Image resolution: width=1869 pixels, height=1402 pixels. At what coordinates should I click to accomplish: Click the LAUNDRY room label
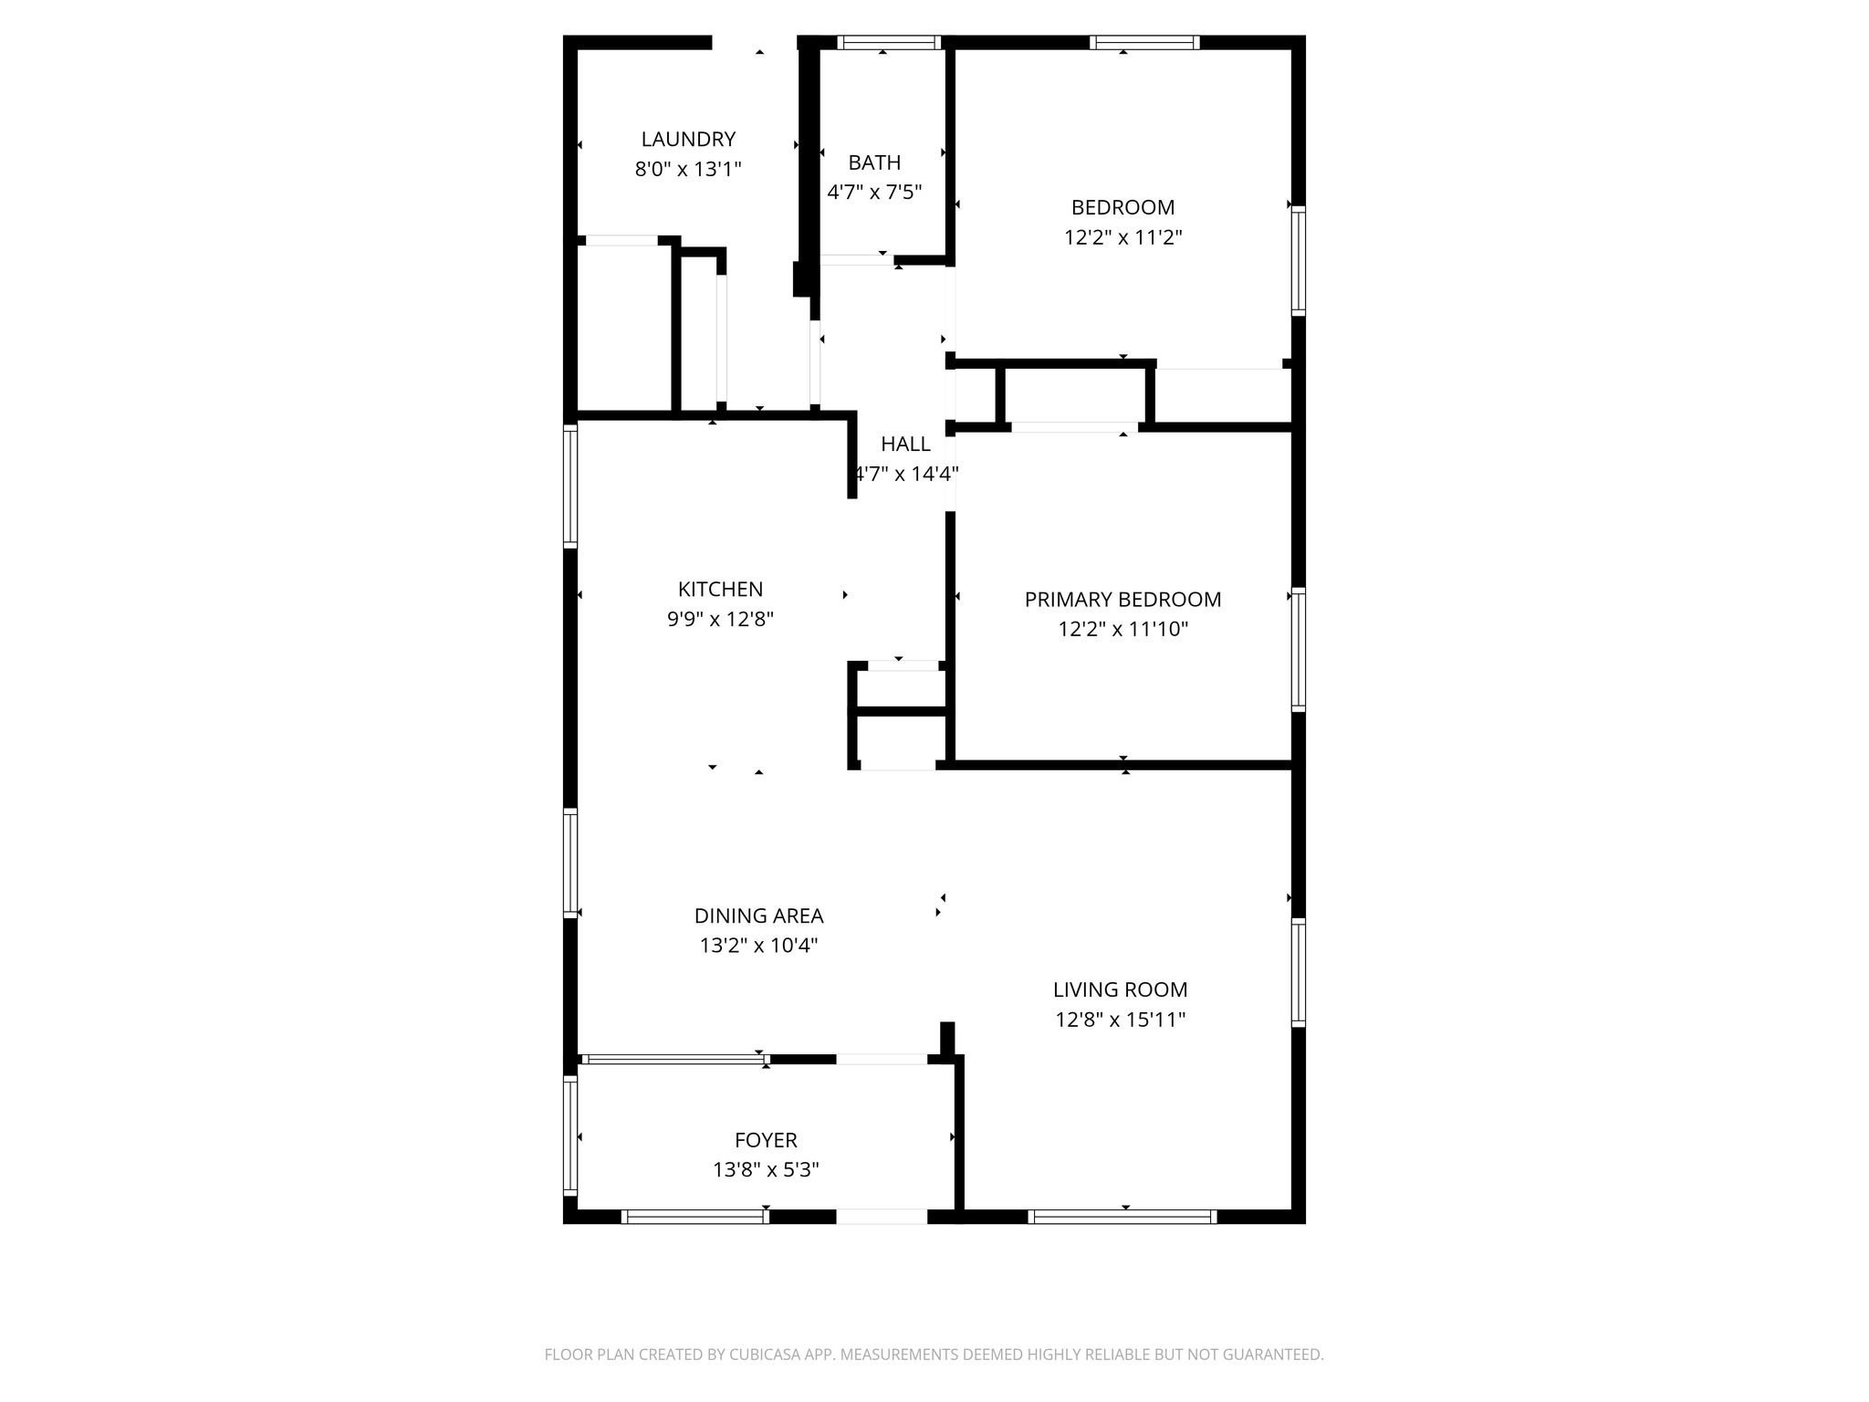[688, 140]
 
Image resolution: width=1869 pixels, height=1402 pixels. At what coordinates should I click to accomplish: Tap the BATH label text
[874, 162]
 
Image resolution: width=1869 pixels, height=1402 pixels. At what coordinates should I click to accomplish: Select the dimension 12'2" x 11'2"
[1122, 237]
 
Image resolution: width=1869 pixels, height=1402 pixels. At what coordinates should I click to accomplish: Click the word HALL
[905, 445]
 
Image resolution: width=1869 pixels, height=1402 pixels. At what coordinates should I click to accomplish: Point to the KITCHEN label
[720, 590]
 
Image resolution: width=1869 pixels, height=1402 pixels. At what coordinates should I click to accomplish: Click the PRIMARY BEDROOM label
[1122, 600]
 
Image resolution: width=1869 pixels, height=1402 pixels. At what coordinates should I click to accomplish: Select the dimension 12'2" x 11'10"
[1122, 629]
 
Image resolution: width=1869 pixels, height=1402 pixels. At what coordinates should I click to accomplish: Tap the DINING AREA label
[758, 915]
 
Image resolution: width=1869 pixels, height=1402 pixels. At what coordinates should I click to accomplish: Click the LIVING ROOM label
[1120, 989]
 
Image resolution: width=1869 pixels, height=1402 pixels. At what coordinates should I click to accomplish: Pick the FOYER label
[766, 1140]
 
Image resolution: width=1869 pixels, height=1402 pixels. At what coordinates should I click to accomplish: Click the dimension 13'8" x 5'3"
[766, 1169]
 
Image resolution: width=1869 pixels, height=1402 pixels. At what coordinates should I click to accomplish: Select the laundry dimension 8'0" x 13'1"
[688, 169]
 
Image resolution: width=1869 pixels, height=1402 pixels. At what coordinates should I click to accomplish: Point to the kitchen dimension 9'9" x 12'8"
[720, 619]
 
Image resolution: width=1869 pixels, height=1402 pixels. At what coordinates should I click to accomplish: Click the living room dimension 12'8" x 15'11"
[1120, 1020]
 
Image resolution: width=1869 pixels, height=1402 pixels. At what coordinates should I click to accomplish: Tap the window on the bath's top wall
[888, 42]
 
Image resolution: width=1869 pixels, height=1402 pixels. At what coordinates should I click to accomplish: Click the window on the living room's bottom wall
[1122, 1216]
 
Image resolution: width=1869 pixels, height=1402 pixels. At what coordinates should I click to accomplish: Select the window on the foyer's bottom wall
[694, 1216]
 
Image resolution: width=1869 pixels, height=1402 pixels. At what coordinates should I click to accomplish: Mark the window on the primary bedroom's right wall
[1298, 649]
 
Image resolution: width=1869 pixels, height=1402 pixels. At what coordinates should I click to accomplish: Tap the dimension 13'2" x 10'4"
[758, 945]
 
